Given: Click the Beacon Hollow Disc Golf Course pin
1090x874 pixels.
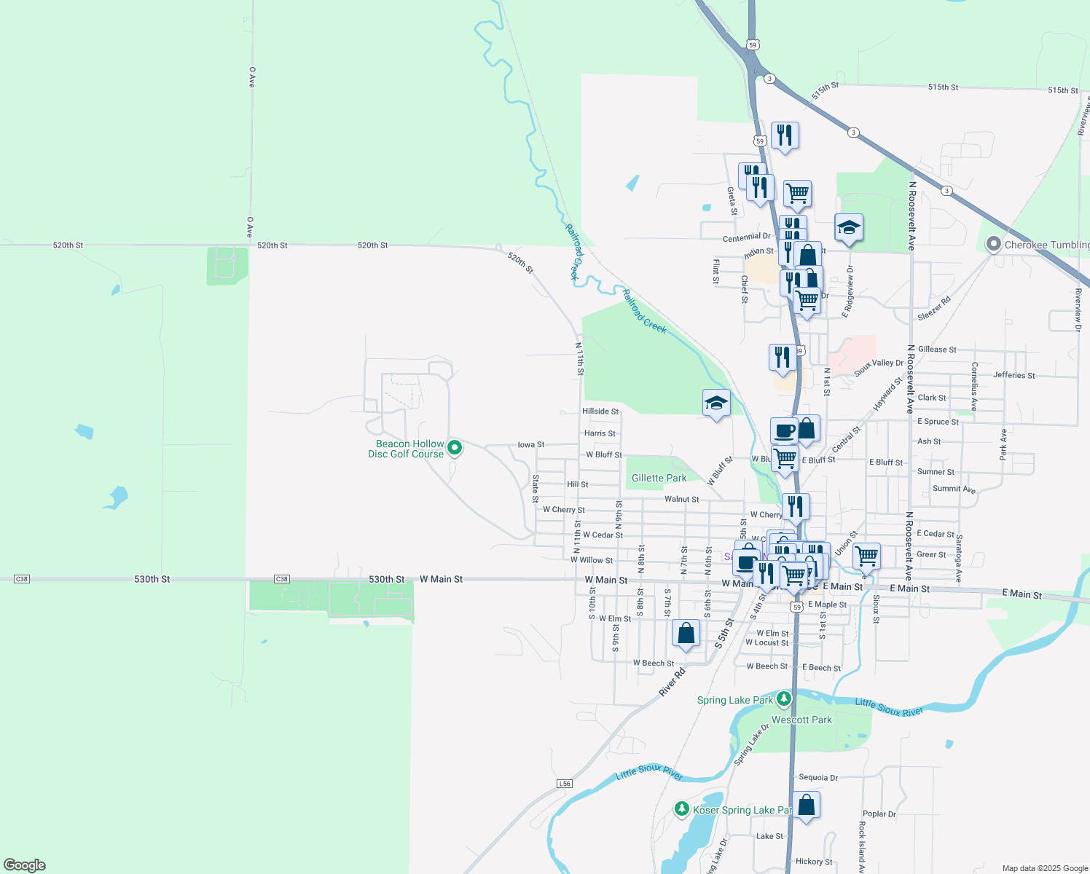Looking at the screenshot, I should [455, 448].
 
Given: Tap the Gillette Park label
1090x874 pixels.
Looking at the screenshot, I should [659, 479].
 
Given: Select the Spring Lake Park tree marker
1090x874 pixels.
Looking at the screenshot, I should [784, 699].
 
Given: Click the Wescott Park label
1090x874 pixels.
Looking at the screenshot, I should [801, 720].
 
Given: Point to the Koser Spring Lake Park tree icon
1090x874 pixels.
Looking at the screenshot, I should [682, 808].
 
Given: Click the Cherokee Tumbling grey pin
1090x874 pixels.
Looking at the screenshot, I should [994, 245].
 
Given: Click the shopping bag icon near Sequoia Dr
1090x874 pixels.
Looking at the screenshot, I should [806, 806].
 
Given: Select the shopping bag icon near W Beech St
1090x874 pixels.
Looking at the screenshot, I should [686, 634].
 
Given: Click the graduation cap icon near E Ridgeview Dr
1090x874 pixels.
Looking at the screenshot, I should [849, 229].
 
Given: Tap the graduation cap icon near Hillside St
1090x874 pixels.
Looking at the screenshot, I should [716, 403].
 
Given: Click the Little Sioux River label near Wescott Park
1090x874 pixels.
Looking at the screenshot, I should [888, 707].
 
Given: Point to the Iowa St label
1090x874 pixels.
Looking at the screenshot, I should [530, 444].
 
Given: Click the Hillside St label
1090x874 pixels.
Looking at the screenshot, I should [600, 412].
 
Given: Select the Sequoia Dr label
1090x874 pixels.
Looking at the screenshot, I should [818, 777].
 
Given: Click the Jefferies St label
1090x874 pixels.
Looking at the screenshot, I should [1013, 375].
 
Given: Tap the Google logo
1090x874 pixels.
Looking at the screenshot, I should [25, 865].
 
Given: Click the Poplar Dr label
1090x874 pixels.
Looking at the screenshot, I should [879, 814].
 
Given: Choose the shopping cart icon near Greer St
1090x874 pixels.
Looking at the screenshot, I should [866, 556].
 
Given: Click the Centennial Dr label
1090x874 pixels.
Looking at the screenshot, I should [746, 237].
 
